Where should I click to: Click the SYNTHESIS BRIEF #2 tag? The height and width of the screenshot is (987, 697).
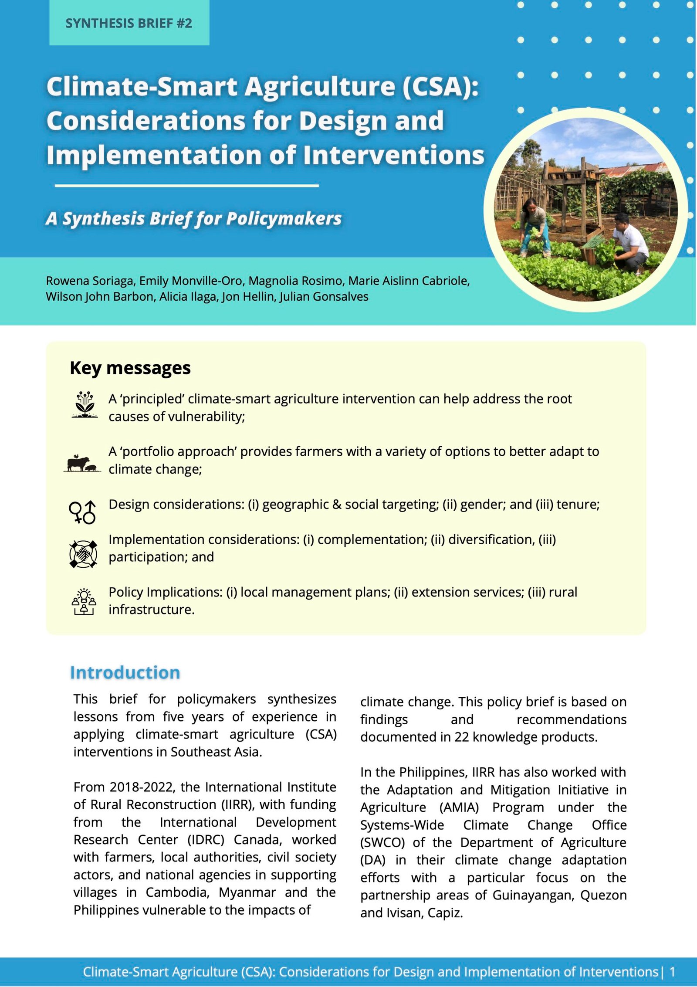click(129, 23)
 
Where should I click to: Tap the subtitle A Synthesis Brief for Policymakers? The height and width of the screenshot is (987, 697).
click(193, 219)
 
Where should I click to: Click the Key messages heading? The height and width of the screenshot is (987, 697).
click(130, 368)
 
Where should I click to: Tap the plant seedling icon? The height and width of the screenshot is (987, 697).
click(85, 405)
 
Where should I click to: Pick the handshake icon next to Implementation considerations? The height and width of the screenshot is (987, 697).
click(83, 554)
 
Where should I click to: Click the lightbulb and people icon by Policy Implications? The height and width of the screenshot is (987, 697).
click(83, 602)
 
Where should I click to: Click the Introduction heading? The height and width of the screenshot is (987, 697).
click(125, 672)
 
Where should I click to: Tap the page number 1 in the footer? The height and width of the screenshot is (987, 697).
click(672, 972)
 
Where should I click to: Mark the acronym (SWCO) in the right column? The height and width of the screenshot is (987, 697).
click(382, 843)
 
